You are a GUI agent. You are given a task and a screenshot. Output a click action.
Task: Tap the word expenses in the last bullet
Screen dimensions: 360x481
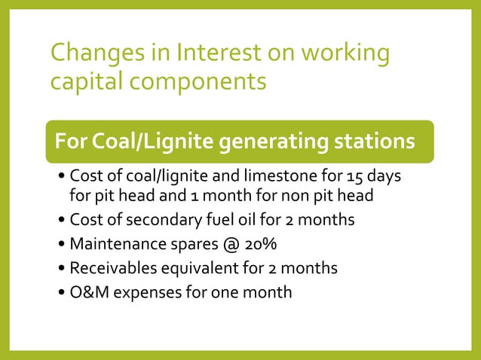coord(144,292)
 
